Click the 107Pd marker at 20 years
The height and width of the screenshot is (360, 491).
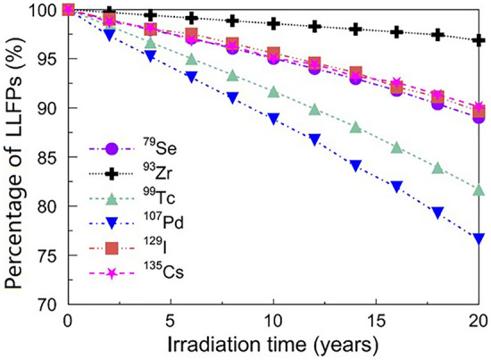coord(479,239)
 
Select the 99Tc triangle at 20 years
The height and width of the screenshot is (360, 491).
coord(479,189)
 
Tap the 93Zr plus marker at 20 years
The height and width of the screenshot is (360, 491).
coord(479,40)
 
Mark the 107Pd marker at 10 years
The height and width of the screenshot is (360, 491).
coord(274,118)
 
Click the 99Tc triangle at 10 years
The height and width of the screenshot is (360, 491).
coord(274,92)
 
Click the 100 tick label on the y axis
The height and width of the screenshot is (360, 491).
coord(43,11)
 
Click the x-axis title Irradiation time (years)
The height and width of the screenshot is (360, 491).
coord(274,344)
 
